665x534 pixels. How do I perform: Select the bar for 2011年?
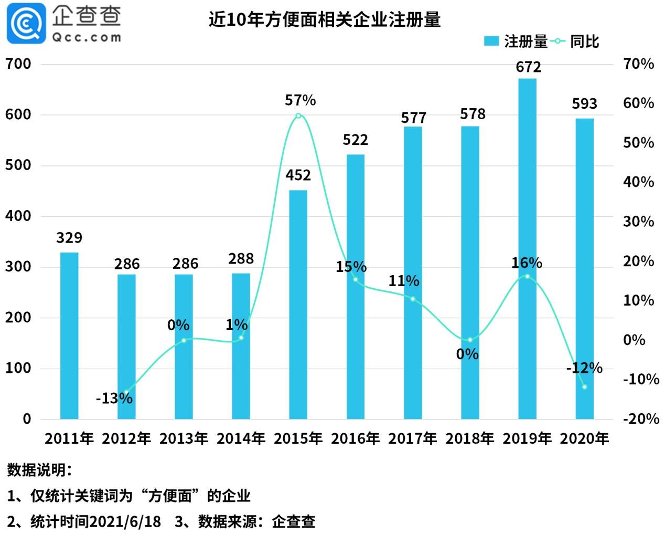point(69,336)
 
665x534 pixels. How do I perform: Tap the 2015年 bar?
point(298,305)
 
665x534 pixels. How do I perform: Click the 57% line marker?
point(298,116)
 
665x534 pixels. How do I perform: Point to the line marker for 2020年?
point(585,387)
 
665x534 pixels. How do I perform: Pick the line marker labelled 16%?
point(527,276)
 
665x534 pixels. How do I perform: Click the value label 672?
point(528,67)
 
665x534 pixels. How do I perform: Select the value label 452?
point(298,175)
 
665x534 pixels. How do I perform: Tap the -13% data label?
point(114,399)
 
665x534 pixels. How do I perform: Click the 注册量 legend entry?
point(515,41)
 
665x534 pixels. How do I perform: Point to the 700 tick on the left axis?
point(18,64)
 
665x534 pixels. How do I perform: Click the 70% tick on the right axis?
point(638,64)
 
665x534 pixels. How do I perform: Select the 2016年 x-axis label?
point(356,438)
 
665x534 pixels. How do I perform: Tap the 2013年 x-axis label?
point(184,438)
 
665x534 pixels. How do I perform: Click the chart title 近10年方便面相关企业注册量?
point(324,20)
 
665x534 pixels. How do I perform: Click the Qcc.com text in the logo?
point(87,37)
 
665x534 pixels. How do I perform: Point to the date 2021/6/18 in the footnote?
point(125,521)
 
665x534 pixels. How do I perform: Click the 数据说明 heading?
point(39,470)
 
